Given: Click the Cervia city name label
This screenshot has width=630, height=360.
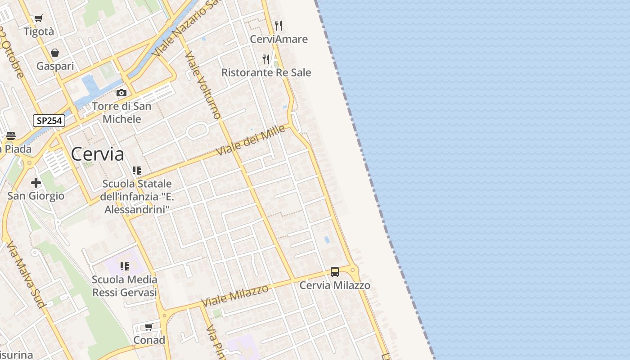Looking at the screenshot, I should tap(97, 154).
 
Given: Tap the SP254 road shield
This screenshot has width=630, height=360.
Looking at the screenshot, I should tap(49, 121).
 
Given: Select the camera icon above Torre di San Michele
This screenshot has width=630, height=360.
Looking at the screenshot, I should tap(121, 93).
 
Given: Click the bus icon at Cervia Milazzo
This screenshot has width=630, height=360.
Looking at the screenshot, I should tap(335, 272).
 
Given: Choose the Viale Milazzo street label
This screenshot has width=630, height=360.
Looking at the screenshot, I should tap(235, 296).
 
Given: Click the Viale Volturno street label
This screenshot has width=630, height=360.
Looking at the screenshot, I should tap(203, 85).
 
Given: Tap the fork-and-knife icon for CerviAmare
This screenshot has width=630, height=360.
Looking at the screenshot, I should tap(279, 25).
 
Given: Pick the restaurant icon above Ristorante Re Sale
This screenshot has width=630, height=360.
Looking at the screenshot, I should tap(266, 59).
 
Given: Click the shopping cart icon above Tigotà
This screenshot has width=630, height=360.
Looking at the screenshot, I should tap(39, 18).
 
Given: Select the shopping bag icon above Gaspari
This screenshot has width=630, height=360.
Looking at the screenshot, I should tap(55, 53).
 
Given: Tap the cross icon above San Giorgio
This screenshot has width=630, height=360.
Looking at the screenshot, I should tap(36, 183).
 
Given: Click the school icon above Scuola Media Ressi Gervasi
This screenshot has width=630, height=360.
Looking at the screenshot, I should tap(125, 266).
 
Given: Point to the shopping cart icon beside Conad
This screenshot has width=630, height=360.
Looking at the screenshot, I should tap(149, 327).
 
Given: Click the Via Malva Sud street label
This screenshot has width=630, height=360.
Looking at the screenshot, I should tap(26, 274).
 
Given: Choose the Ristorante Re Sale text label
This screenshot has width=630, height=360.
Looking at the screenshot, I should tap(266, 72).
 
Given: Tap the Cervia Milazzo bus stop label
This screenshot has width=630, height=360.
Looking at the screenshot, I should tap(335, 285).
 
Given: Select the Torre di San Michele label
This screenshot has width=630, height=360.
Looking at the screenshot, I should tap(121, 112).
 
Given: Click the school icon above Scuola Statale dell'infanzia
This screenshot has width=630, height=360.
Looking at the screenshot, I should tap(137, 171).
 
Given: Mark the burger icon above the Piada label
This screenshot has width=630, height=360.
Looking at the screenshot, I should tap(11, 136).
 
